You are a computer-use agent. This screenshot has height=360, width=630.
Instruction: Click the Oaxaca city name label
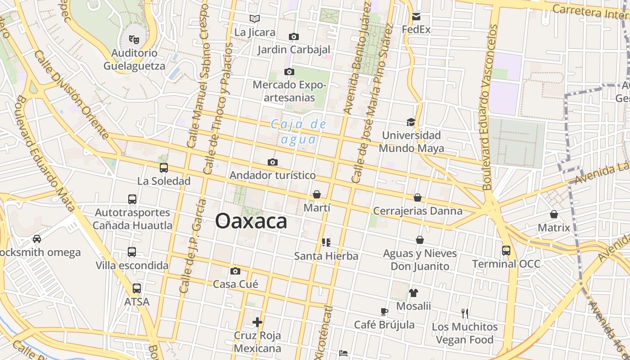click(251, 221)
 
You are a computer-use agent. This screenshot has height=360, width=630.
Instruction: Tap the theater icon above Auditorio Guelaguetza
click(134, 39)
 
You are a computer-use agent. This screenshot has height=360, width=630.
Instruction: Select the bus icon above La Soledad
click(164, 168)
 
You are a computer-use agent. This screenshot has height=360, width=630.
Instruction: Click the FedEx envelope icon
click(416, 17)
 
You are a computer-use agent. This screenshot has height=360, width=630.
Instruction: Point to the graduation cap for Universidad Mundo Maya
click(411, 122)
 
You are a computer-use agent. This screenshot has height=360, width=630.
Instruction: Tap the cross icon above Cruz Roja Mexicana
click(257, 322)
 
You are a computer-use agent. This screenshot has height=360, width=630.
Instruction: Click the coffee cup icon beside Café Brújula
click(384, 311)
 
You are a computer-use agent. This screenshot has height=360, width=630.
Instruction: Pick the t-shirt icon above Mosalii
click(414, 293)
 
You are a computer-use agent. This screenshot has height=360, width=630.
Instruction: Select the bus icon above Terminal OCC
click(506, 250)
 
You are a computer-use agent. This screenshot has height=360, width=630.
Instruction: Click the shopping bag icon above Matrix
click(554, 214)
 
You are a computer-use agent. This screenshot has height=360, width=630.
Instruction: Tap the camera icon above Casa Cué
click(235, 271)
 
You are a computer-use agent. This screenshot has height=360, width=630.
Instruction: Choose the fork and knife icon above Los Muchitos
click(465, 313)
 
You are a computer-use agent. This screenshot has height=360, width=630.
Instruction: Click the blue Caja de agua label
click(298, 132)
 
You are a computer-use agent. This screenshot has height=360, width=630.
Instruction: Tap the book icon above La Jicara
click(255, 18)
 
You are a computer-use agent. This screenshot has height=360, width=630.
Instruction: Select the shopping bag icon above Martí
click(317, 194)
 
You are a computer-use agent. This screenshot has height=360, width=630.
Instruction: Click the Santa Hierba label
click(326, 256)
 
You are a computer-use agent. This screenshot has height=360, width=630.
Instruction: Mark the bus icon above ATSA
click(137, 288)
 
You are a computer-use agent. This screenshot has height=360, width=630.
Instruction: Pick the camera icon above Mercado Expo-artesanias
click(289, 72)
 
